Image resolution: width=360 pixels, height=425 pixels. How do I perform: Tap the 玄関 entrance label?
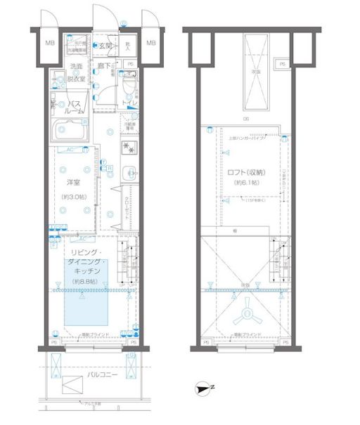pos(105,46)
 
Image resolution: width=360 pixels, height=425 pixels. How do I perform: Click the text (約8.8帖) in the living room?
pos(88,281)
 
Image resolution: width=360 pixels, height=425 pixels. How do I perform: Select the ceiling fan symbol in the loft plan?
pos(248,313)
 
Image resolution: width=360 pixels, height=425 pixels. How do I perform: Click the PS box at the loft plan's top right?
pos(283,65)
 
